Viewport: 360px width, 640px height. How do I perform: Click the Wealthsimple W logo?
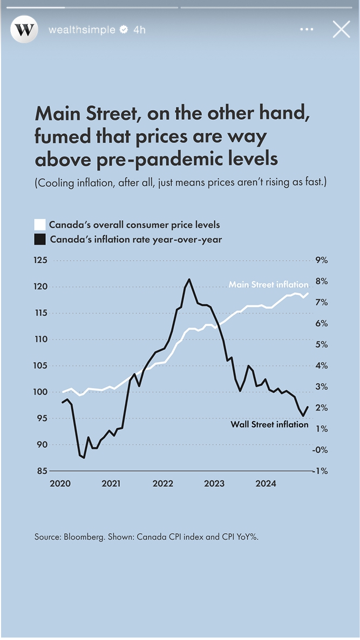click(x=24, y=30)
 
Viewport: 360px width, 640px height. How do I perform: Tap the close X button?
click(x=341, y=29)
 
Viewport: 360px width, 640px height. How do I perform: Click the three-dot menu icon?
click(x=307, y=30)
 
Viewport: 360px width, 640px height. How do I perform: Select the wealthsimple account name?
click(x=81, y=30)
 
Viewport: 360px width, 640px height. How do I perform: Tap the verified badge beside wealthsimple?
click(x=124, y=30)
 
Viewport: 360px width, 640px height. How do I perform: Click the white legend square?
click(x=40, y=224)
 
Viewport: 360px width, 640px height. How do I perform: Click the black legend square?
click(x=40, y=239)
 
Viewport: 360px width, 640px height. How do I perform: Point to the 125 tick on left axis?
click(x=41, y=260)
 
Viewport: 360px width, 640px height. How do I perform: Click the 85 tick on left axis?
click(x=41, y=471)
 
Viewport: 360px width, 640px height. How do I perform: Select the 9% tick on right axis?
click(x=321, y=260)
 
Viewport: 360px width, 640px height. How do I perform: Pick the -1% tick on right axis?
click(x=321, y=471)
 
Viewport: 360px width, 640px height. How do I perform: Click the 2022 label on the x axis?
click(x=162, y=484)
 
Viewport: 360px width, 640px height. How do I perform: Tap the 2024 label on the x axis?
click(x=266, y=484)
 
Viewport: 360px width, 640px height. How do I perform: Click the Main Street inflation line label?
click(x=268, y=284)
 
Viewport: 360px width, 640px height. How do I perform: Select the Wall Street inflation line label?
click(x=269, y=424)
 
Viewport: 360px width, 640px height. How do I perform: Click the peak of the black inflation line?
click(x=189, y=279)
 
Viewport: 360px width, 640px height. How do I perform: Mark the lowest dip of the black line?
click(x=84, y=458)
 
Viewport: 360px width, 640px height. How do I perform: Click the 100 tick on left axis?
click(x=41, y=392)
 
